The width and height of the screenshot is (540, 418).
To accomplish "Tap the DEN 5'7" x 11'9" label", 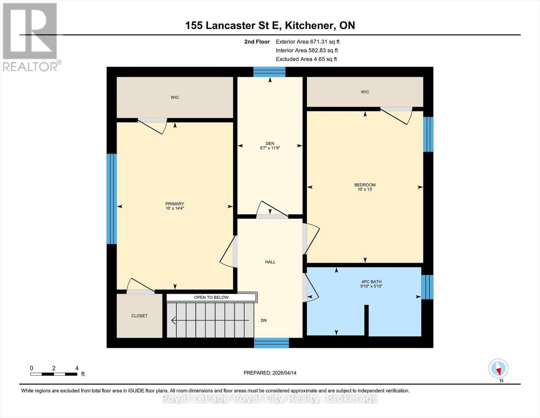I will (270, 146).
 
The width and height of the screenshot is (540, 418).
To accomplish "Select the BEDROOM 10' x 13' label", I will (365, 187).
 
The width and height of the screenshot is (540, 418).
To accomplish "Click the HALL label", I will (270, 262).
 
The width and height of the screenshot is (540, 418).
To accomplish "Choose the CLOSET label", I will (139, 316).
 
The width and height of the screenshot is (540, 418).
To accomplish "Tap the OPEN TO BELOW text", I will (211, 297).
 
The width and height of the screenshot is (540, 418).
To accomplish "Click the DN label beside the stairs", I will (264, 320).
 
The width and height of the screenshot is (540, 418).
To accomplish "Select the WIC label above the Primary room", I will (175, 98).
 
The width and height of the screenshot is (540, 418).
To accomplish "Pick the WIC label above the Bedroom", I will (365, 92).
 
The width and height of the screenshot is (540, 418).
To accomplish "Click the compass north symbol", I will (498, 369).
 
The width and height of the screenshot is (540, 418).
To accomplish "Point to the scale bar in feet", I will (54, 374).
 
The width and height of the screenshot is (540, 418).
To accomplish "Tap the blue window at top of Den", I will (269, 72).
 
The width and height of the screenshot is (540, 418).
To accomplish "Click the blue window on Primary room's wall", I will (111, 199).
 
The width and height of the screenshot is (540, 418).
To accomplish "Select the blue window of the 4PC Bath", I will (427, 287).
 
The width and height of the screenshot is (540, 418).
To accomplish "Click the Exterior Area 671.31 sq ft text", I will (307, 41).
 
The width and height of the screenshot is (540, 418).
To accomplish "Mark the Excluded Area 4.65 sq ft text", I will (306, 59).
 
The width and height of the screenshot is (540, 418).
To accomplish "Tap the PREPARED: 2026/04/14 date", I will (270, 373).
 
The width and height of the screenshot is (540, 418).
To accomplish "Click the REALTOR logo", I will (30, 37).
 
